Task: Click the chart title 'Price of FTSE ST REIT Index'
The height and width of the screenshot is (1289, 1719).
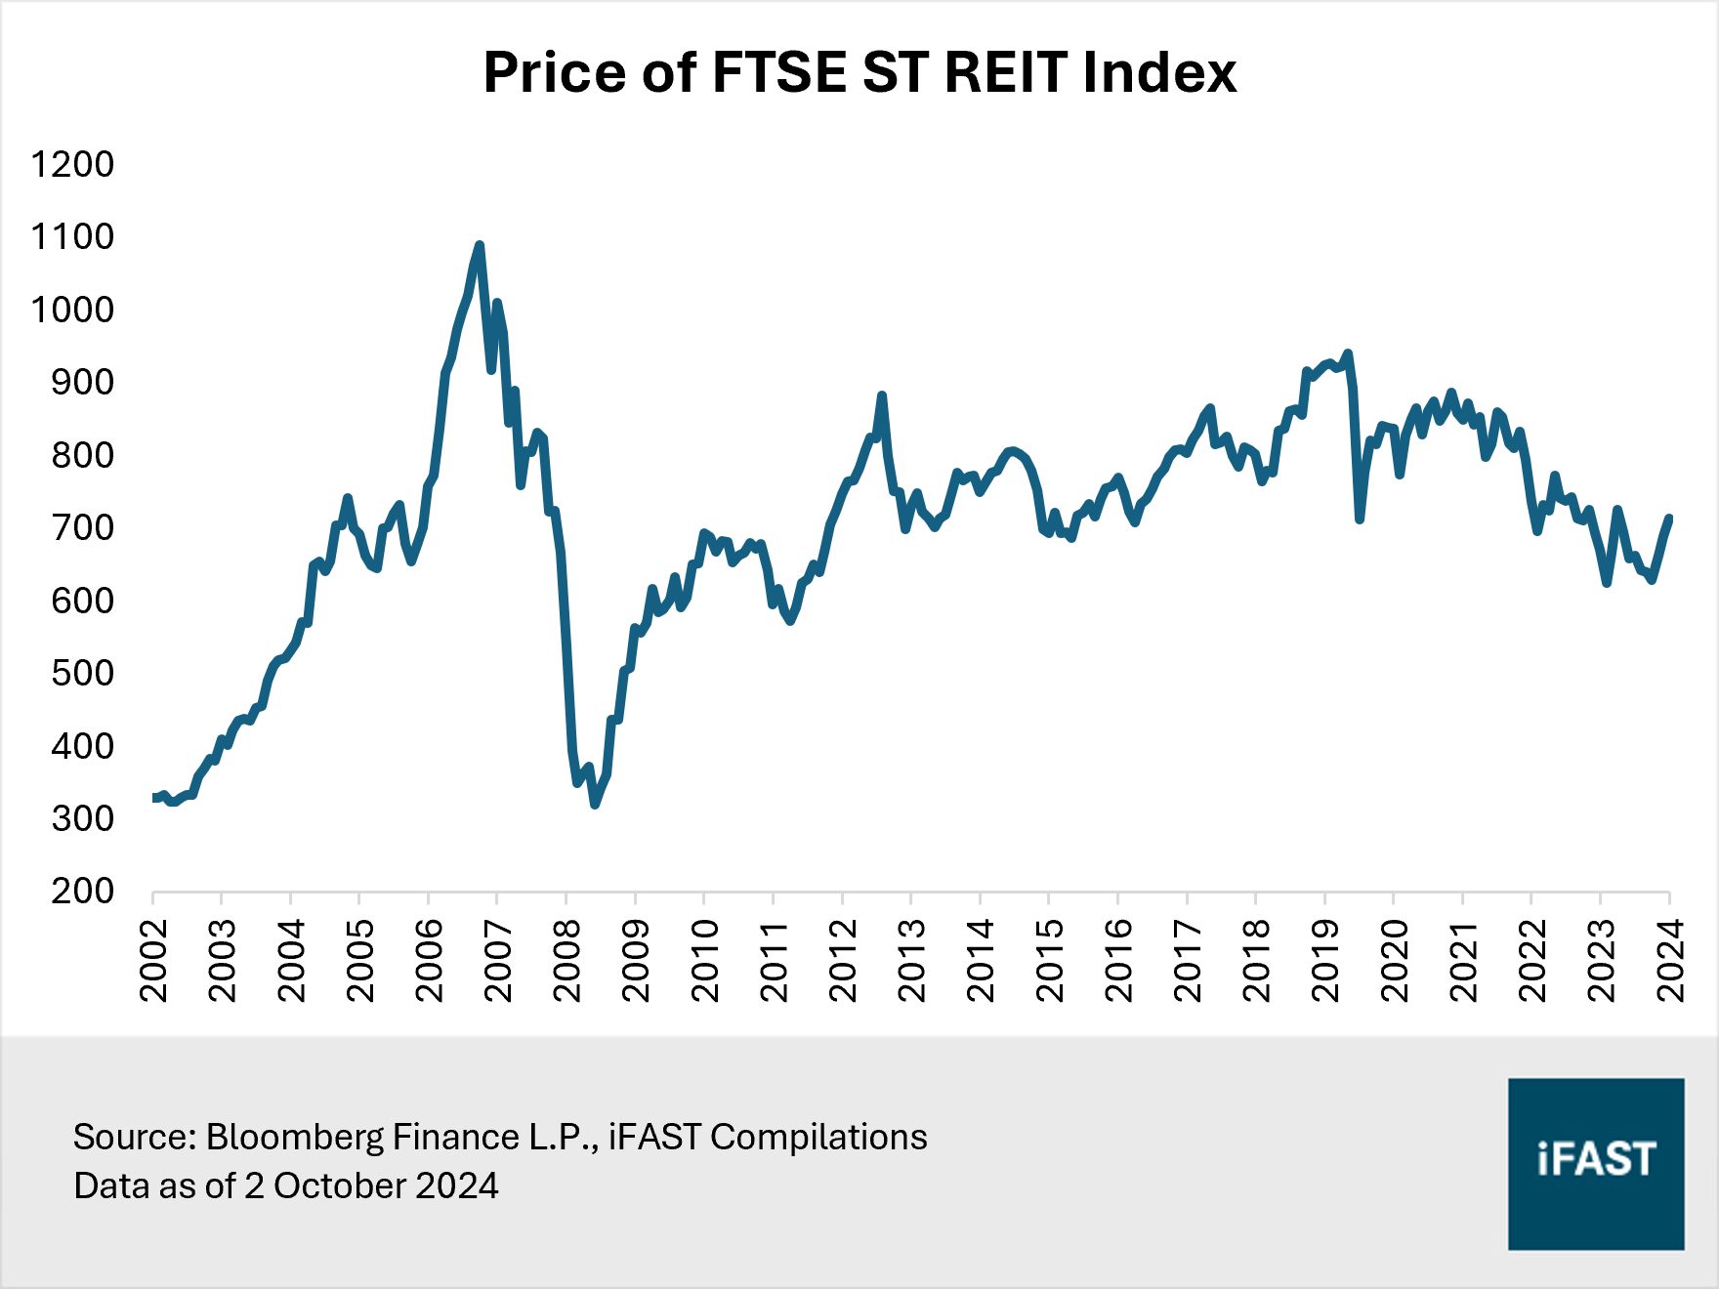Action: pyautogui.click(x=859, y=72)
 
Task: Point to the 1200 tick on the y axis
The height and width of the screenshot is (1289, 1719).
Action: pyautogui.click(x=72, y=164)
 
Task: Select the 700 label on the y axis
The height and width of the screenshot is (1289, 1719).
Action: pyautogui.click(x=83, y=527)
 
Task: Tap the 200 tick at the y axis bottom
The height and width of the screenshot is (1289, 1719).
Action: pyautogui.click(x=83, y=891)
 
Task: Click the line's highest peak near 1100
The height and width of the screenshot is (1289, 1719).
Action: pyautogui.click(x=479, y=245)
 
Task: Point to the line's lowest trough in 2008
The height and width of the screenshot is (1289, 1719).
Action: pyautogui.click(x=595, y=804)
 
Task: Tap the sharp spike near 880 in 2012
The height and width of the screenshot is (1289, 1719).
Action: pyautogui.click(x=882, y=395)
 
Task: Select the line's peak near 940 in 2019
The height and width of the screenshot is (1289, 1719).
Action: pyautogui.click(x=1348, y=353)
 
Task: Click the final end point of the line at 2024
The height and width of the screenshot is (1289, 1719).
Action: pyautogui.click(x=1669, y=519)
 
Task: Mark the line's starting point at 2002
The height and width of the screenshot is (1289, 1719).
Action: pyautogui.click(x=154, y=798)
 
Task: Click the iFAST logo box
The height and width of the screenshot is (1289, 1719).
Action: pyautogui.click(x=1595, y=1163)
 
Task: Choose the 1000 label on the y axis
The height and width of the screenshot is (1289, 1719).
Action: pyautogui.click(x=72, y=310)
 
